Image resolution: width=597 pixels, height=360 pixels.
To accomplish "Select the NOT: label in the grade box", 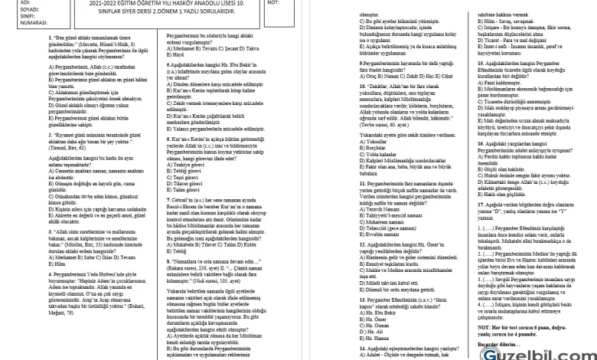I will [x=274, y=2].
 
